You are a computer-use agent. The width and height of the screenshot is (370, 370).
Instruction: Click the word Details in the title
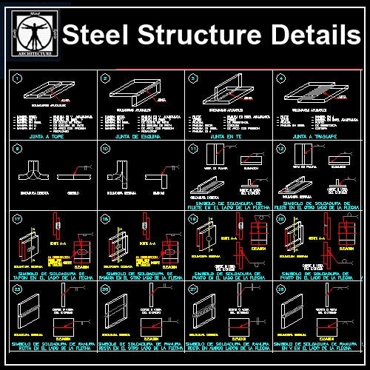pos(307,36)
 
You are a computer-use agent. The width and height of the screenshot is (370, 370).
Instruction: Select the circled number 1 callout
pos(18,78)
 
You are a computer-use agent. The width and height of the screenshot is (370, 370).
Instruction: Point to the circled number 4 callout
pos(280,78)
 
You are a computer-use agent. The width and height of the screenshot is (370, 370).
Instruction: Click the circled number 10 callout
pos(105,149)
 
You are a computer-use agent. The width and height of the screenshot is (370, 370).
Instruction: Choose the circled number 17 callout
pos(18,219)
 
